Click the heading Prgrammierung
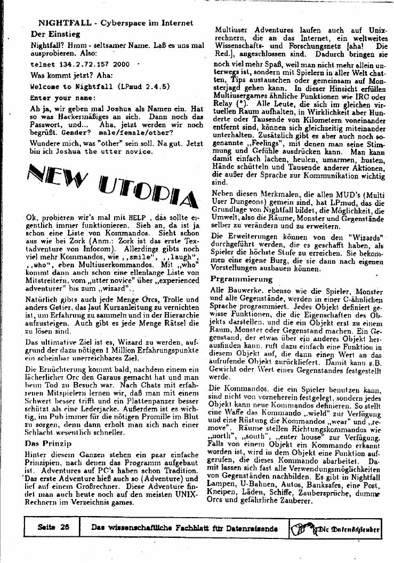tap(241, 279)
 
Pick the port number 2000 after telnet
tap(122, 64)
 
